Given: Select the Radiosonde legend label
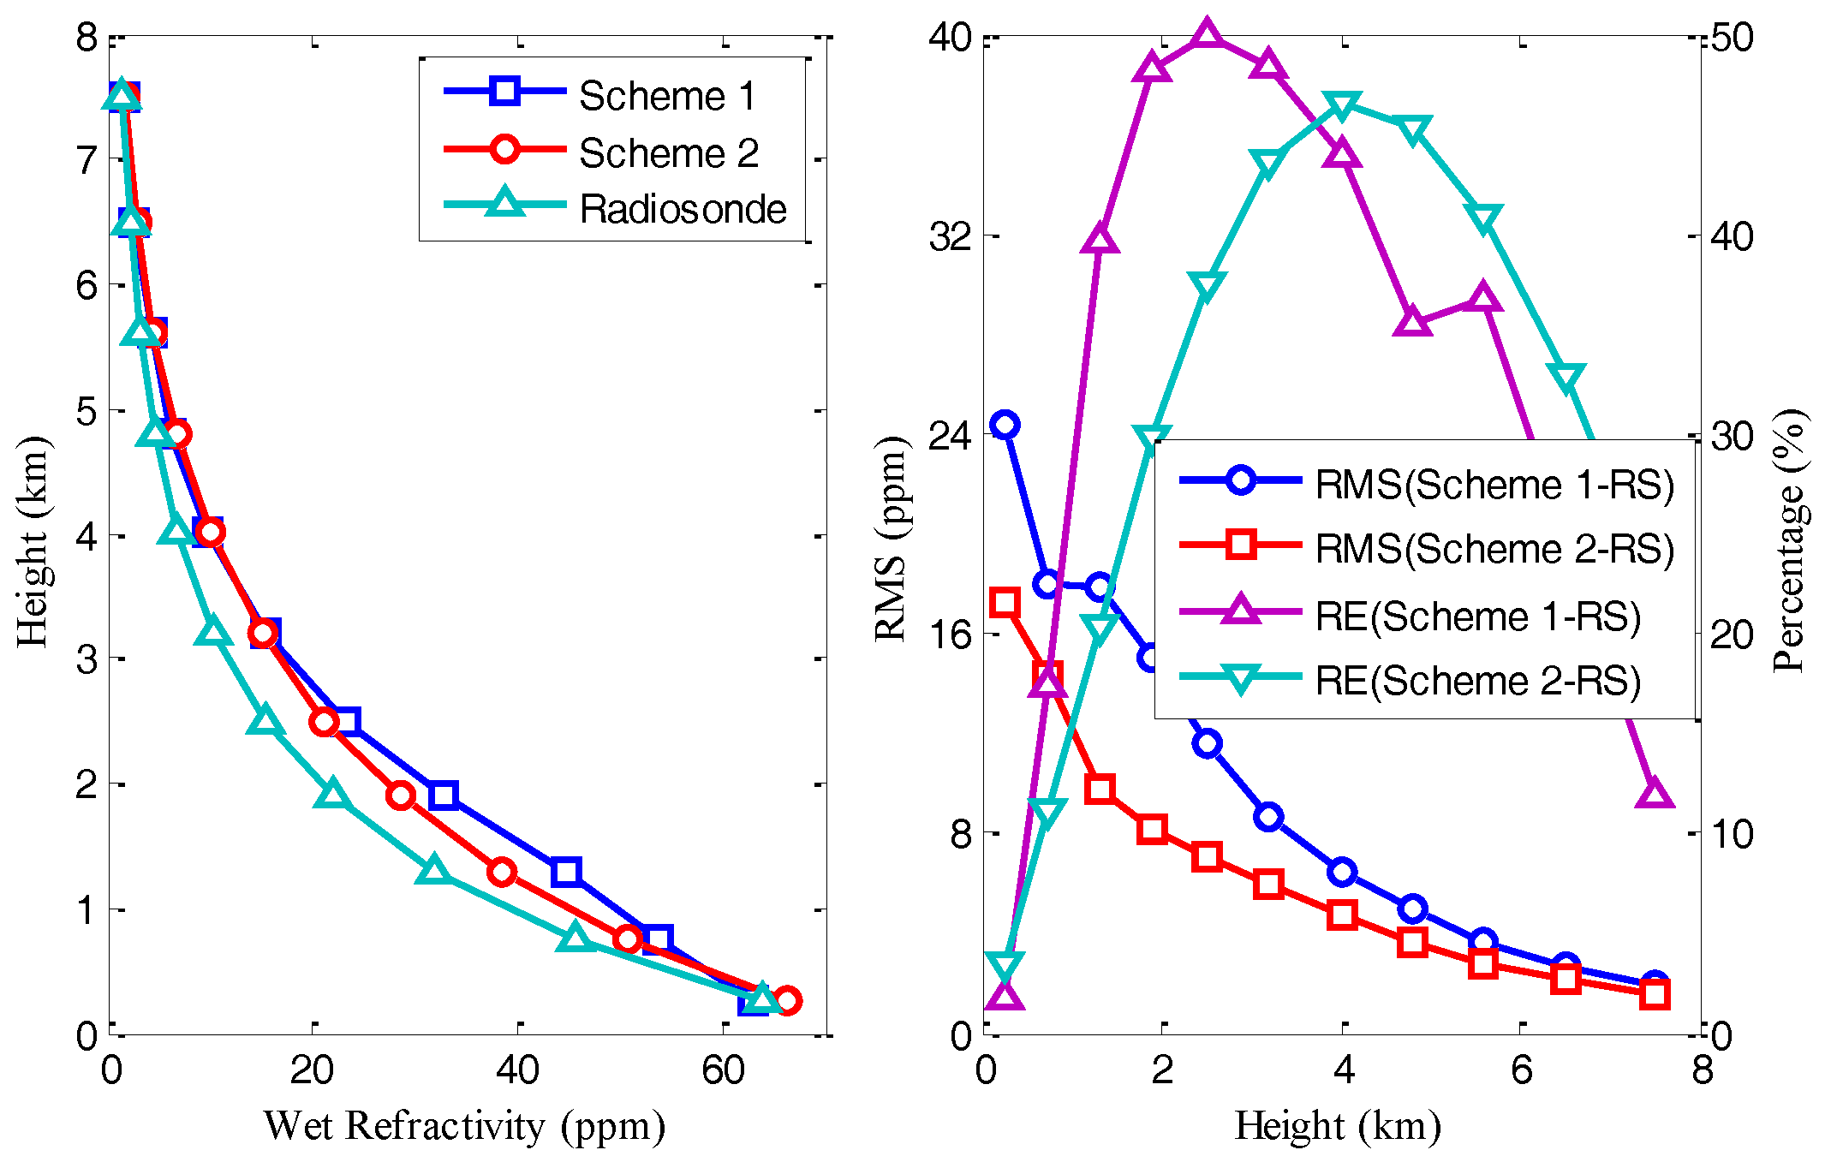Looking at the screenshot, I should click(x=682, y=209).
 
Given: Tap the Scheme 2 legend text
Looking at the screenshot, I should click(x=668, y=153).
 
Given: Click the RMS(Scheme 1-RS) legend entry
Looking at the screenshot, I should click(x=1494, y=485).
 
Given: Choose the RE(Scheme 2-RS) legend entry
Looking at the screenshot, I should click(x=1477, y=681).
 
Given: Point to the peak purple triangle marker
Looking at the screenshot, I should click(x=1207, y=34).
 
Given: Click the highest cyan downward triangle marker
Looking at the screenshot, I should click(x=1342, y=107).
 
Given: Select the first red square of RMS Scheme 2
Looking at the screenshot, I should click(x=1005, y=603).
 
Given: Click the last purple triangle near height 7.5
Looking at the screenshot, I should click(x=1654, y=794).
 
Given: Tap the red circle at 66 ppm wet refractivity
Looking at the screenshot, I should click(x=787, y=1000).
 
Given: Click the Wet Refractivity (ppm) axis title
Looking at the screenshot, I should click(x=464, y=1126).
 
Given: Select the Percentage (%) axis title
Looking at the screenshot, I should click(x=1790, y=541).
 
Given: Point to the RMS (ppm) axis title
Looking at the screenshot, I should click(x=891, y=539).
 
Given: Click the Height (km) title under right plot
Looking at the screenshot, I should click(x=1338, y=1126).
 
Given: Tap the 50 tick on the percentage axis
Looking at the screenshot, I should click(x=1732, y=38).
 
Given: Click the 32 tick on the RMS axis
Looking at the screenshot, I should click(x=951, y=235).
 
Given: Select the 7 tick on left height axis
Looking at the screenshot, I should click(x=86, y=160).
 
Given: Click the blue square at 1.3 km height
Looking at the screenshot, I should click(x=566, y=872).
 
